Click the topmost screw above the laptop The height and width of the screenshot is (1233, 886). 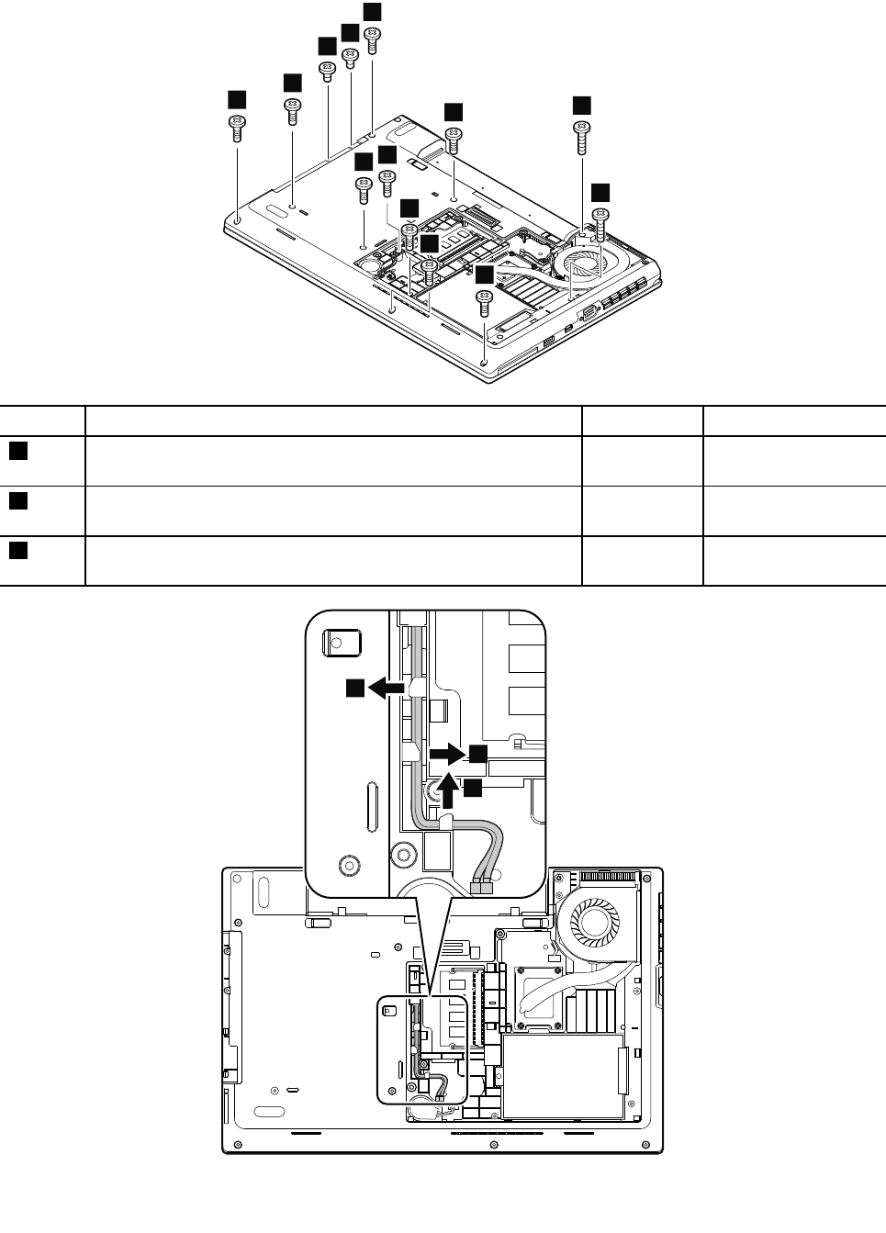[373, 39]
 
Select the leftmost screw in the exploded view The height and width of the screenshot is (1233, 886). [237, 126]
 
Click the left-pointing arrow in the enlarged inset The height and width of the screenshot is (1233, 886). [389, 687]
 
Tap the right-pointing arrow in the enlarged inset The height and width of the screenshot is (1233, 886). [447, 754]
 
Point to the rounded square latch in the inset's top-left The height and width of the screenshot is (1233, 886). [342, 641]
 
